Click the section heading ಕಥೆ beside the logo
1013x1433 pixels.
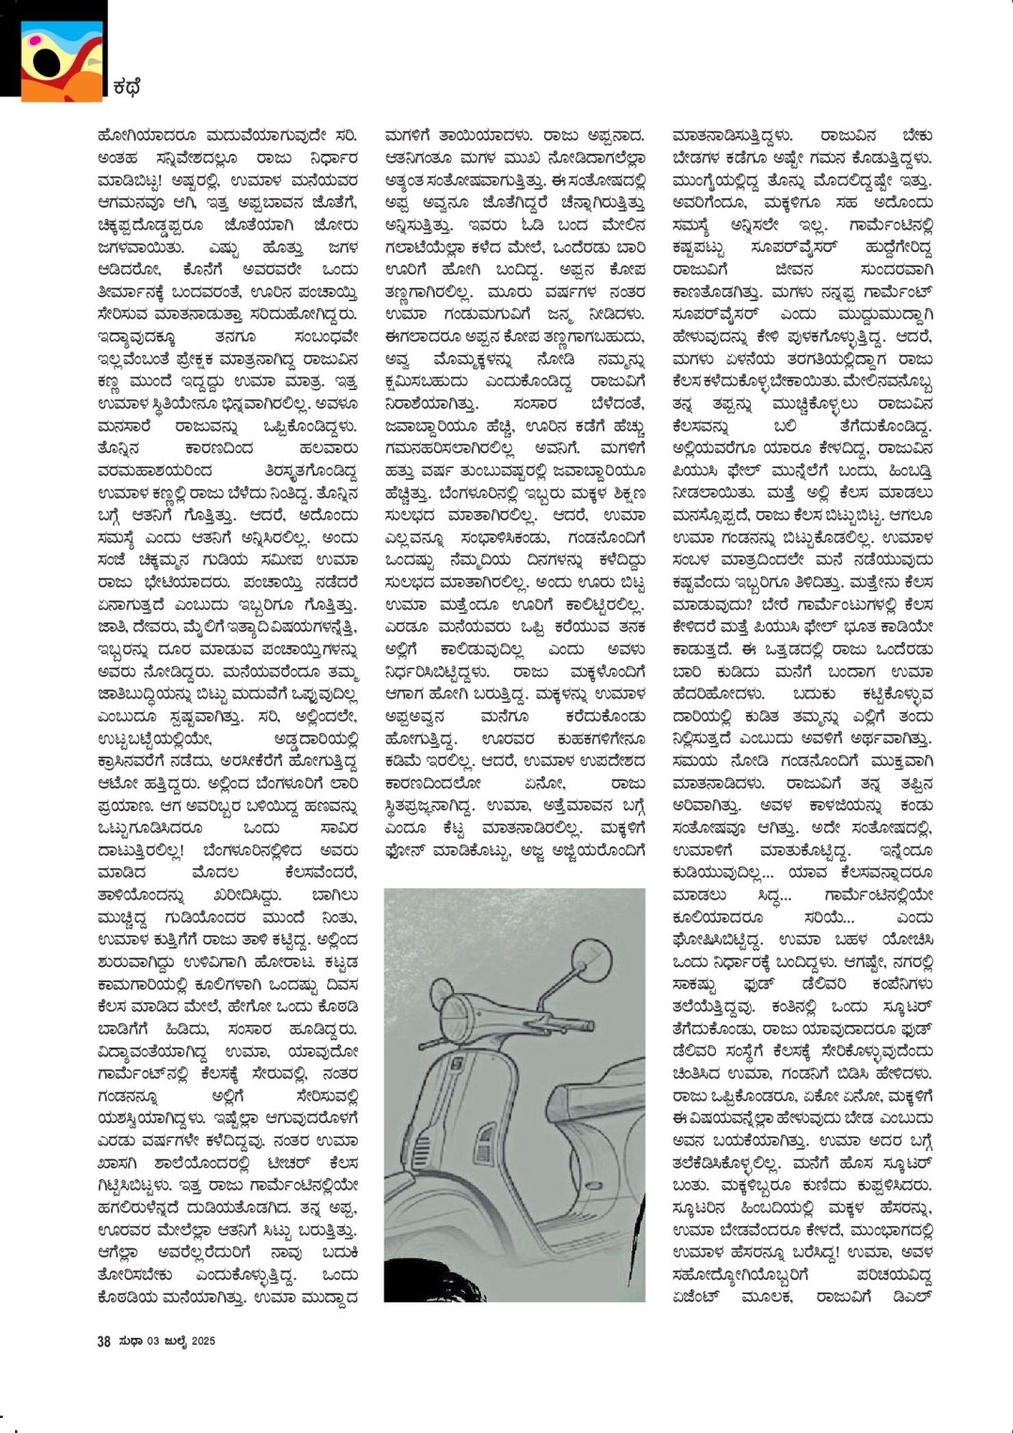tap(126, 88)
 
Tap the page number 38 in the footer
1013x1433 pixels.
tap(103, 1341)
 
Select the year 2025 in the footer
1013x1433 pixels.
tap(203, 1341)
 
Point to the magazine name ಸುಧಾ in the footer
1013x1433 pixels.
tap(130, 1341)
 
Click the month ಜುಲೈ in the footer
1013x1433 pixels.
tap(174, 1341)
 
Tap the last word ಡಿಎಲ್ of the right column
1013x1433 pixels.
tap(912, 1298)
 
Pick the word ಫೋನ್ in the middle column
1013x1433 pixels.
tap(409, 850)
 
